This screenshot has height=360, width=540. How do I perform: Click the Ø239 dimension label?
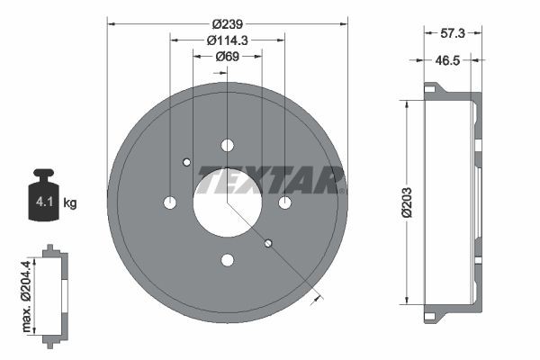click(x=228, y=23)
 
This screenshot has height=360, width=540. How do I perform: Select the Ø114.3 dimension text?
click(x=228, y=40)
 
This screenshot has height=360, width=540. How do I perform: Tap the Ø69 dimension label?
click(x=228, y=57)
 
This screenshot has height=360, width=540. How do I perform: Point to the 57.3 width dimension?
click(x=454, y=33)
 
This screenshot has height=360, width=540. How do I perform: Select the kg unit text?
click(x=71, y=203)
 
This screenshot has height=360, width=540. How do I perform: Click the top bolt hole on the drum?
click(x=228, y=145)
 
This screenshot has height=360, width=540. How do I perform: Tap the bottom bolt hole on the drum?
click(x=228, y=260)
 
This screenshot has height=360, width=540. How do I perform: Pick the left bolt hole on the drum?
click(x=170, y=202)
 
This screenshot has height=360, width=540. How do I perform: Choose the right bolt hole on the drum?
click(x=285, y=202)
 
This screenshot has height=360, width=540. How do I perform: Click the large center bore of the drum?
click(x=228, y=202)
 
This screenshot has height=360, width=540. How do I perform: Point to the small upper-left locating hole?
click(x=187, y=162)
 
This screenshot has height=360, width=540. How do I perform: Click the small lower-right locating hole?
click(x=268, y=243)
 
